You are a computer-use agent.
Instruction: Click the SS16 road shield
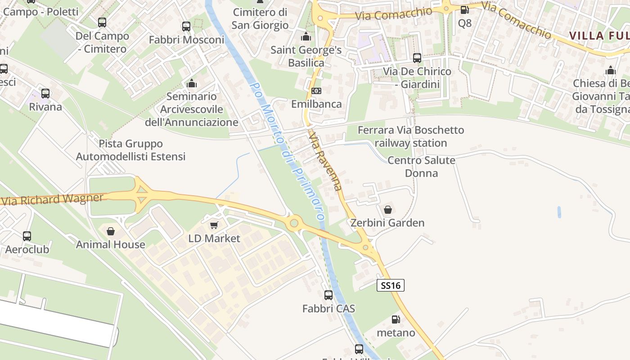click(390, 285)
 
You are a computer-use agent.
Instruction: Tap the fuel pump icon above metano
click(396, 319)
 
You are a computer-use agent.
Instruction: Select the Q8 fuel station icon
click(464, 9)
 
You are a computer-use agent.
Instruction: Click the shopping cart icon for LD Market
click(214, 225)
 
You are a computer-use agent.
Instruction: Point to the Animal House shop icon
click(111, 231)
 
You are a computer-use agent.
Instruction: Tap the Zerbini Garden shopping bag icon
click(387, 209)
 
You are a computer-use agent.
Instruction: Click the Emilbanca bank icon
click(316, 91)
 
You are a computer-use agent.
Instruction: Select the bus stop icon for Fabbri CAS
click(328, 295)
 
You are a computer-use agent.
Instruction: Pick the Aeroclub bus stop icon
click(27, 236)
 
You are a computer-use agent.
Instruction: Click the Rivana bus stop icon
click(45, 94)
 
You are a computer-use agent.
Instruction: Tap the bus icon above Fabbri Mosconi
click(186, 27)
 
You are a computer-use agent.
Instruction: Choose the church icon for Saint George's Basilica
click(306, 36)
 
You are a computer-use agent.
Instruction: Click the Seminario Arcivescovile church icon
click(192, 83)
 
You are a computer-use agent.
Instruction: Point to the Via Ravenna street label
click(326, 160)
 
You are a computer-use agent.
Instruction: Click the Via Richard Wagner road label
click(53, 199)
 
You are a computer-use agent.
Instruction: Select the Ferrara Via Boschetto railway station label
click(410, 136)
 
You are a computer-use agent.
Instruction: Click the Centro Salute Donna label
click(421, 166)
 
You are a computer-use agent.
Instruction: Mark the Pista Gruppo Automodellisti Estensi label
click(130, 150)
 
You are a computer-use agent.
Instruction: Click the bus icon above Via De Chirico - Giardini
click(417, 58)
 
